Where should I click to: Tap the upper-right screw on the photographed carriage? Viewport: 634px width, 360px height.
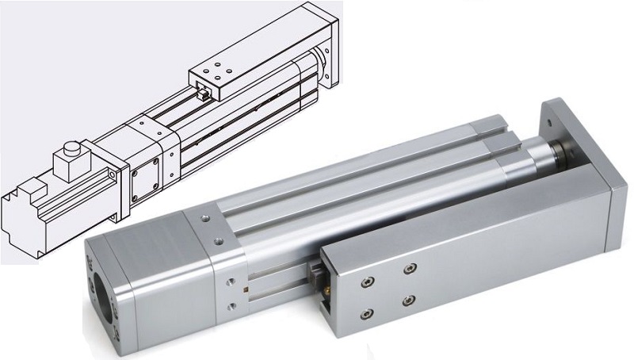[409, 270]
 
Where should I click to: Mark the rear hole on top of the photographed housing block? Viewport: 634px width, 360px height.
[205, 216]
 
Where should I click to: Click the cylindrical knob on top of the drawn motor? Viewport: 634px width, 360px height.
[71, 150]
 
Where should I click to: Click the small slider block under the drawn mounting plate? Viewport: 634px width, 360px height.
[203, 94]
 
